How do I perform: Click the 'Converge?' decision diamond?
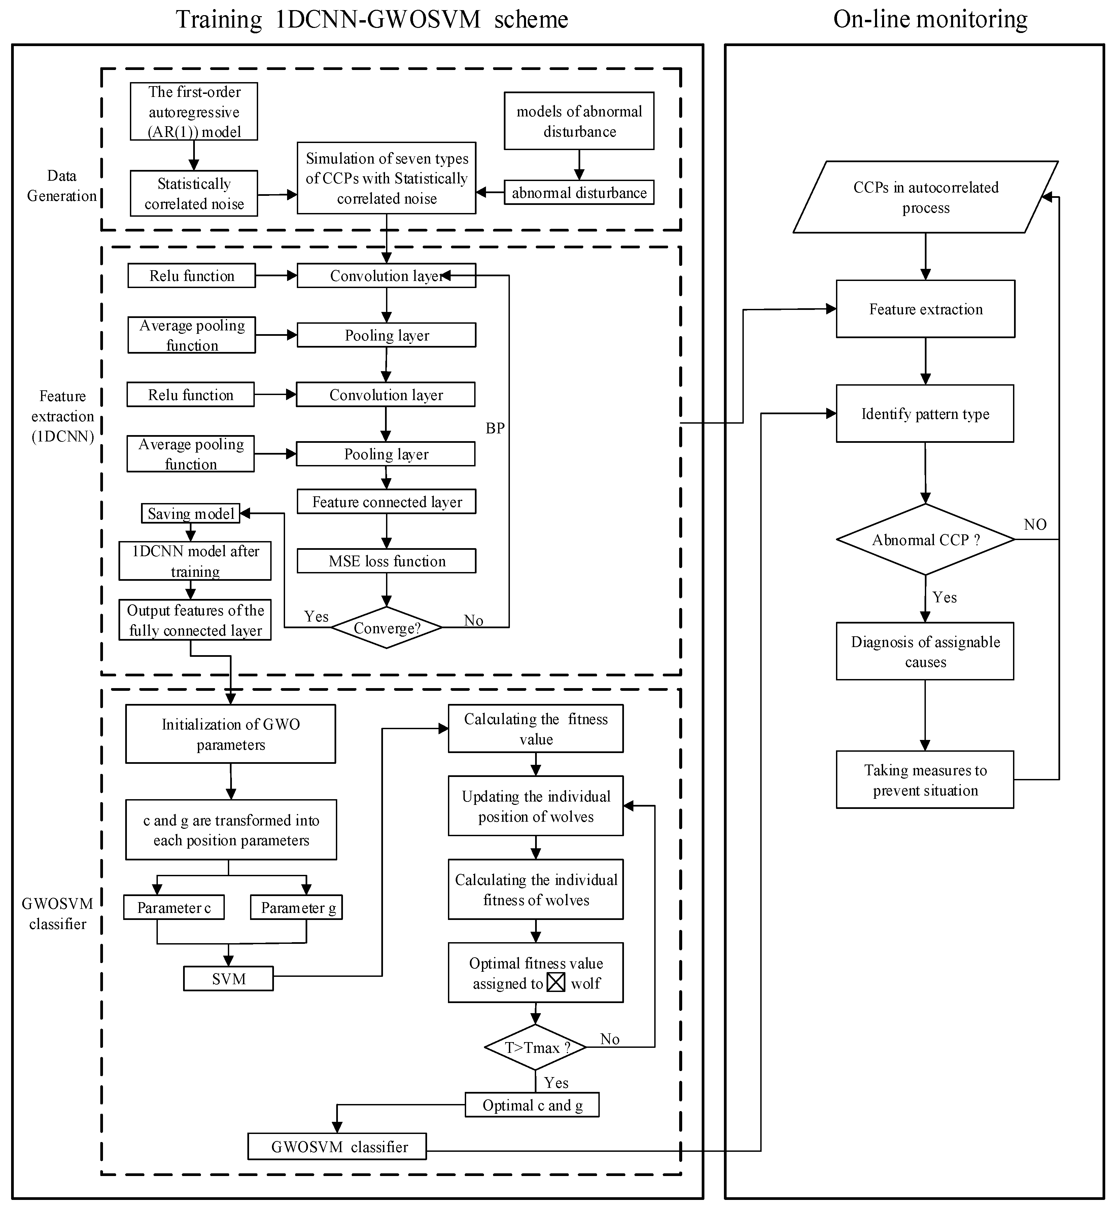click(386, 628)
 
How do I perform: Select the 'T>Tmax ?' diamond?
click(536, 1048)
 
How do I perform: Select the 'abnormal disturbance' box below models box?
click(579, 193)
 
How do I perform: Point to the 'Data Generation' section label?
click(62, 186)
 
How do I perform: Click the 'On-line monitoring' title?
click(930, 19)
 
